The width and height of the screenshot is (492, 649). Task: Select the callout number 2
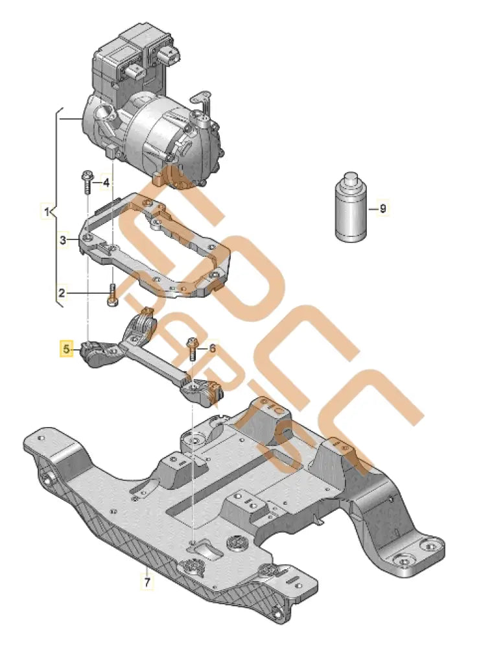[x=62, y=293]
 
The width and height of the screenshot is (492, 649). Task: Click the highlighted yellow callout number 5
[x=65, y=349]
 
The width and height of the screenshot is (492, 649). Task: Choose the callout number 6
[x=211, y=349]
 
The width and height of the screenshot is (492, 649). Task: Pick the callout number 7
[x=146, y=582]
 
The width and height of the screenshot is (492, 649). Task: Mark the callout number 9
[x=382, y=208]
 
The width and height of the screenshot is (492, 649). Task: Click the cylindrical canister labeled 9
[x=351, y=208]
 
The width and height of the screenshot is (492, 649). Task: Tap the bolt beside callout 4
[x=86, y=182]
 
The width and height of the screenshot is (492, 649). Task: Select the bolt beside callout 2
[x=111, y=295]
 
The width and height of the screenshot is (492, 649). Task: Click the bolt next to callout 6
[x=192, y=349]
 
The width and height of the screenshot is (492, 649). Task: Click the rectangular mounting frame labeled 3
[x=156, y=247]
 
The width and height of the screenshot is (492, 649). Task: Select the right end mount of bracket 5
[x=204, y=391]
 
